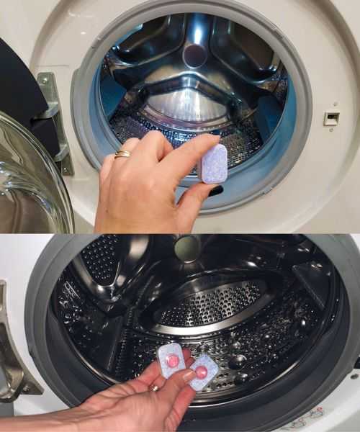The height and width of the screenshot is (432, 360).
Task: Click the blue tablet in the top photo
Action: click(x=214, y=163)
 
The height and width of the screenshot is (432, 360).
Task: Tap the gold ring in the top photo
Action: click(x=123, y=153)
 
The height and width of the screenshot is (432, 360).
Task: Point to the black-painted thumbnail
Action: click(x=215, y=191)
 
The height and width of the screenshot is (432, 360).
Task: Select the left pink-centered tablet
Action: click(x=171, y=359)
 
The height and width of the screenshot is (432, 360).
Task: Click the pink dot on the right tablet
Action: click(x=201, y=372)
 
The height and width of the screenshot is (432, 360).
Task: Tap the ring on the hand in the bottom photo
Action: click(x=154, y=388)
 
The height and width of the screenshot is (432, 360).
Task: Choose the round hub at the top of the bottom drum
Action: click(x=187, y=248)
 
